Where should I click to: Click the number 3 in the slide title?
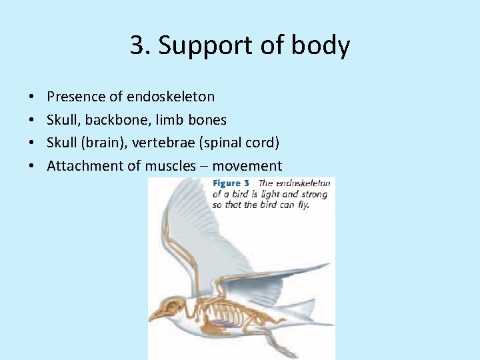point(136,46)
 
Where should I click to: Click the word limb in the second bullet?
point(173,120)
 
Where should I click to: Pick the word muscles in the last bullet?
point(170,166)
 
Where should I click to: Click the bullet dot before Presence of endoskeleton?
point(33,97)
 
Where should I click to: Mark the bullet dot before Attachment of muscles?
point(33,167)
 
